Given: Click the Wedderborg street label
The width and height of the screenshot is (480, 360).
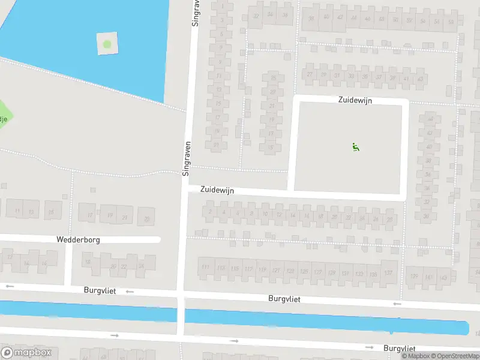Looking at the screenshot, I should click(78, 239).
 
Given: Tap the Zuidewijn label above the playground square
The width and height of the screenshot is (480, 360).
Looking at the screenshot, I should click(354, 101).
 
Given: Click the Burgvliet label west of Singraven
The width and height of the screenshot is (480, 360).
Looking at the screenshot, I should click(100, 290).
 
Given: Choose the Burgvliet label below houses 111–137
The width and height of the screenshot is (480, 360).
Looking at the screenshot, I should click(284, 298).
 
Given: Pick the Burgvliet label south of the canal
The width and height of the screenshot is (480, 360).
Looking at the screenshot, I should click(400, 348).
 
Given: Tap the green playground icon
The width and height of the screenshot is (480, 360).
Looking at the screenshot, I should click(355, 146).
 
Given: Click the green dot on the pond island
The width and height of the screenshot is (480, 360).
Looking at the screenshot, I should click(107, 44).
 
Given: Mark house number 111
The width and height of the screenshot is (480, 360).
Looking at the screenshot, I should click(206, 267).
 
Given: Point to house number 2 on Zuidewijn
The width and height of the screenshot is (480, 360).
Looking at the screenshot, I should click(210, 211).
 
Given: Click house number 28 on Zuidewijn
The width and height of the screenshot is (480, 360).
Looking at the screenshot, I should click(389, 219).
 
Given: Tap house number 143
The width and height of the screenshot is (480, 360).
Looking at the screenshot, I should click(444, 277).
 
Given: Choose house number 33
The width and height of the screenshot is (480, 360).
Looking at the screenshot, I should click(351, 76).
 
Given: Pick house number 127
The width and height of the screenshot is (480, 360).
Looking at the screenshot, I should click(317, 272).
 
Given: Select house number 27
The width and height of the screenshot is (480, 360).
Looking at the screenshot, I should click(310, 74).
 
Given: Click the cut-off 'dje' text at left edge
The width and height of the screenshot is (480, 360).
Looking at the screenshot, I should click(4, 118).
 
